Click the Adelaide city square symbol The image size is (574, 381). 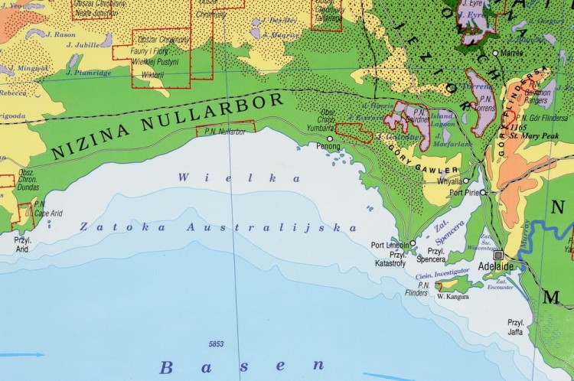click(500, 255)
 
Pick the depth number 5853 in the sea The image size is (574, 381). click(217, 343)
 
